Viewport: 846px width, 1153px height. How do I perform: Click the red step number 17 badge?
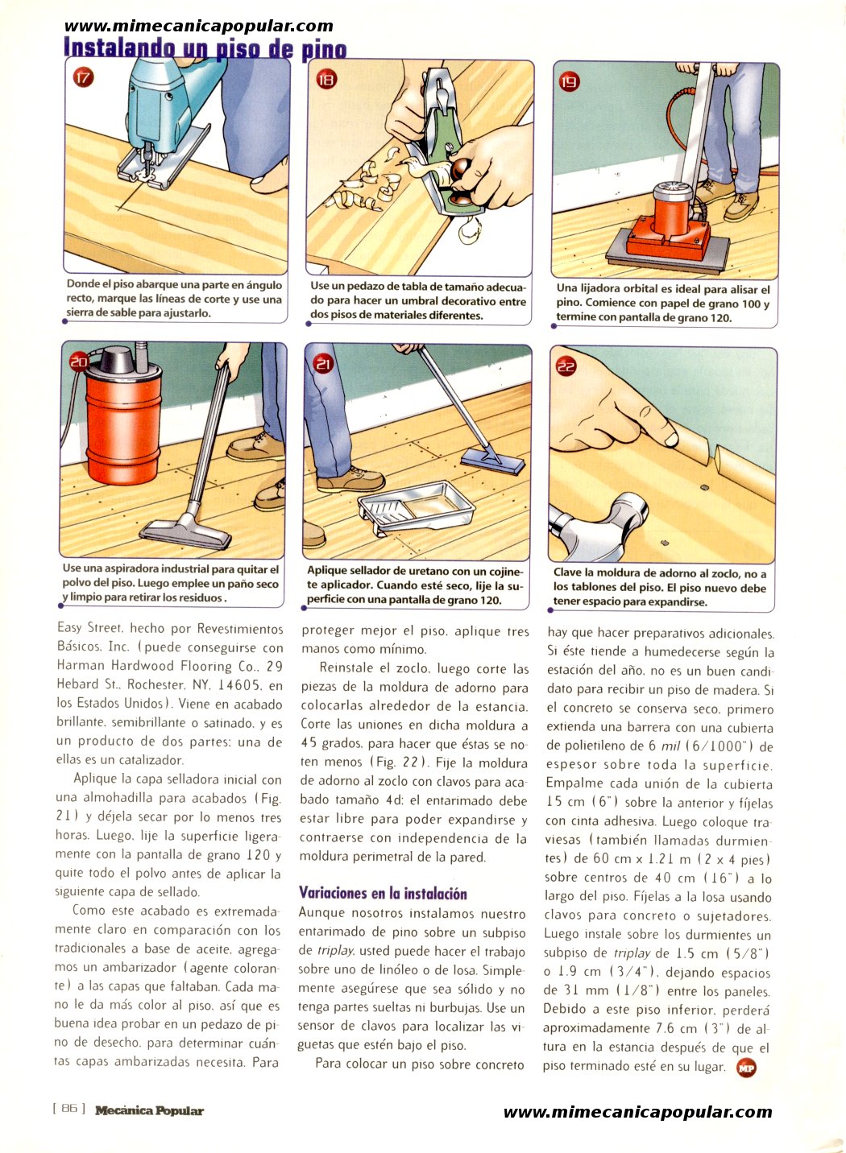[83, 78]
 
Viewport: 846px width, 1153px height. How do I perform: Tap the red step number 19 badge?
[569, 81]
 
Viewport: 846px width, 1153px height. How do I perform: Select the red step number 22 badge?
[566, 366]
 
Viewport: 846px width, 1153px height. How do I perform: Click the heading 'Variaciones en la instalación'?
[383, 894]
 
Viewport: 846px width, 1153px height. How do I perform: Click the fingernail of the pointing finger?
[671, 439]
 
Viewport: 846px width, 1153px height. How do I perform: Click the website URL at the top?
[199, 27]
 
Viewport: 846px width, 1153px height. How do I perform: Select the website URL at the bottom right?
[638, 1112]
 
